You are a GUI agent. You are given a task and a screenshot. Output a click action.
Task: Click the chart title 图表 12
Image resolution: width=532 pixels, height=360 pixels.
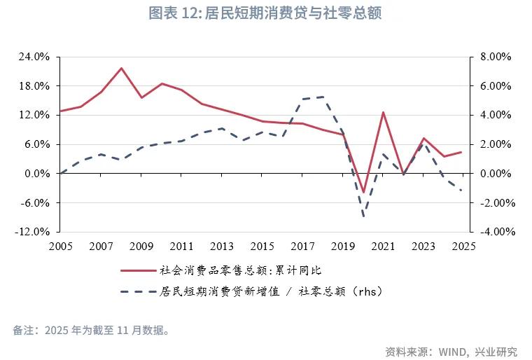265,13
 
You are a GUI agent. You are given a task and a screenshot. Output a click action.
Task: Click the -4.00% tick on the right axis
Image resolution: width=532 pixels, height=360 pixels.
496,232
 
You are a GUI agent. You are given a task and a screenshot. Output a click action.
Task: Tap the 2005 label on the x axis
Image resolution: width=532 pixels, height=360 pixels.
61,247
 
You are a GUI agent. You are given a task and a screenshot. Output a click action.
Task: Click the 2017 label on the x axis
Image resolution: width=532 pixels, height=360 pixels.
303,247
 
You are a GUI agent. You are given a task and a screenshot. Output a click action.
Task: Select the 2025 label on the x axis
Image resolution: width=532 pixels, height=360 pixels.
463,247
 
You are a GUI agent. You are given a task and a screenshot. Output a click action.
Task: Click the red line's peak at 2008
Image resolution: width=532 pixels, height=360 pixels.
121,68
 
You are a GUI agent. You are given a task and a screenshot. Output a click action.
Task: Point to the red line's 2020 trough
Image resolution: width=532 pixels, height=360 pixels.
363,192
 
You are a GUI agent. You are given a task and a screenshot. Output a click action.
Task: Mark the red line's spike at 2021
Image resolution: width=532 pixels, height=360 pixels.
384,112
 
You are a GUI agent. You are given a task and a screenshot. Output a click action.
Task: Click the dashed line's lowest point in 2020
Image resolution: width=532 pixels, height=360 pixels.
363,216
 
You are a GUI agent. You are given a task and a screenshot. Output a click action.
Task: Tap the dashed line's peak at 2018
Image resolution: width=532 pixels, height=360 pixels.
323,97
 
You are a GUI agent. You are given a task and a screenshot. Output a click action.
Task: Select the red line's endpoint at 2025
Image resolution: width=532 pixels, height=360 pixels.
462,152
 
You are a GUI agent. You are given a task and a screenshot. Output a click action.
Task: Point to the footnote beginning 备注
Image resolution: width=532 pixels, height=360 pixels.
91,330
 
